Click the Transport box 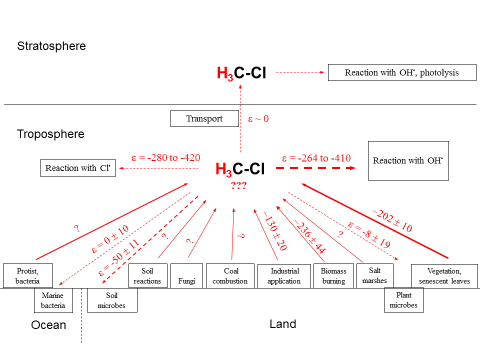204,118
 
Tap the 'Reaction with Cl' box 77,168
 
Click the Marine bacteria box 53,300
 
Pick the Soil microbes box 112,300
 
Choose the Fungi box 187,276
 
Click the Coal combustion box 230,276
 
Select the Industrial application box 284,276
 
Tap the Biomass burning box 333,276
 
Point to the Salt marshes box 374,275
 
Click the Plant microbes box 403,300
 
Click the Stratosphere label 51,46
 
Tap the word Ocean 48,325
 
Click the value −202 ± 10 392,220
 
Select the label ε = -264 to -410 316,158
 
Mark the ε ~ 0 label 258,119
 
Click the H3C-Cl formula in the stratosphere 241,73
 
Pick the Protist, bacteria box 27,276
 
